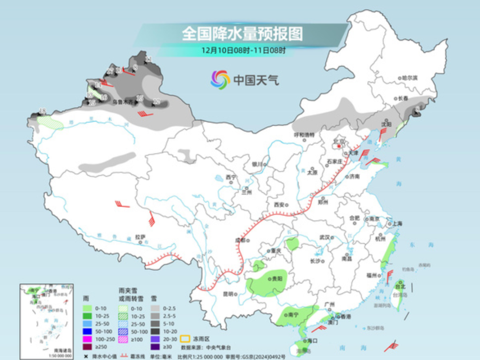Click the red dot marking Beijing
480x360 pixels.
click(340, 145)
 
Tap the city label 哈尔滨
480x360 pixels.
click(409, 78)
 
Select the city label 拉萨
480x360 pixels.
click(140, 237)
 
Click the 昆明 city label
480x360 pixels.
click(228, 294)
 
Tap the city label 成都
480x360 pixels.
click(240, 240)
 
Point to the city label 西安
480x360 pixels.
click(279, 205)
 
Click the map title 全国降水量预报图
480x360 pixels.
click(242, 34)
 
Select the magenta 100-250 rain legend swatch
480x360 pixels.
click(88, 340)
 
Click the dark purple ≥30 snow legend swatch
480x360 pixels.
click(155, 347)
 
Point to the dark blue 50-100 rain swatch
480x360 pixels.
click(88, 332)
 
